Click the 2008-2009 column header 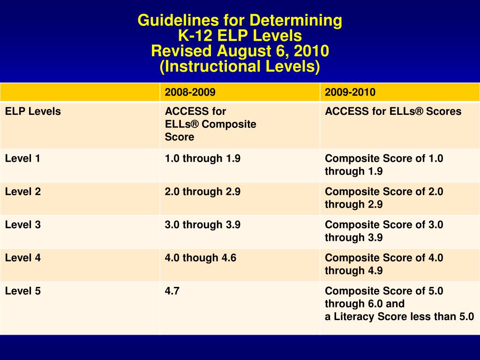pos(190,92)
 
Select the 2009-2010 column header pos(350,92)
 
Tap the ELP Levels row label pos(33,112)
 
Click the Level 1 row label pos(22,158)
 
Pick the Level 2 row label pos(22,192)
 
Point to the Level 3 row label pos(22,225)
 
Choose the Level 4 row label pos(22,258)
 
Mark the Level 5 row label pos(22,291)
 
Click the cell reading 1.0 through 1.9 pos(202,158)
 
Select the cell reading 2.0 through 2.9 pos(202,192)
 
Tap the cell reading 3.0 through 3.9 pos(202,225)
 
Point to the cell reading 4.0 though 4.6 pos(200,258)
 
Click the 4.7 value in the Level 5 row pos(172,291)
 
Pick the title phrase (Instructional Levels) pos(240,66)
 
